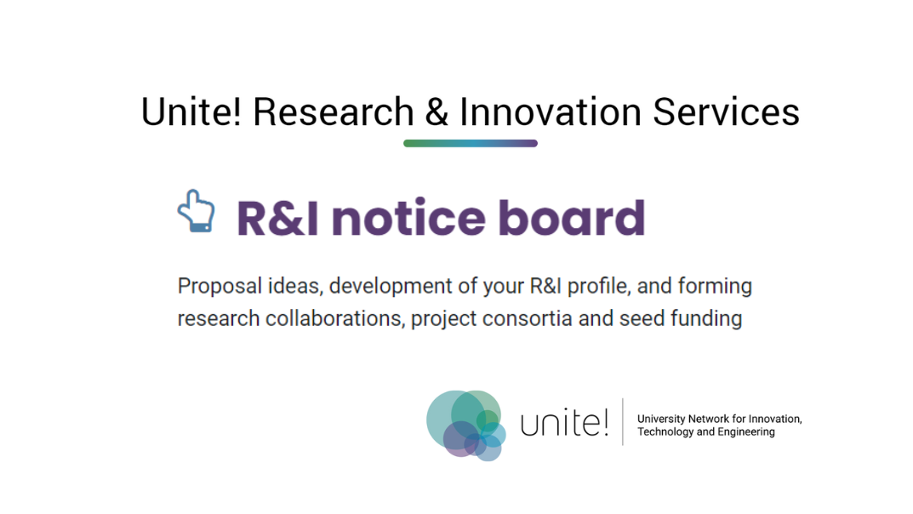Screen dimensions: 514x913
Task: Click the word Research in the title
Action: click(x=333, y=112)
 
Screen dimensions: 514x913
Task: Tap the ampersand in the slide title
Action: click(x=437, y=112)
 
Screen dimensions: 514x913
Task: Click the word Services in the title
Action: click(x=726, y=112)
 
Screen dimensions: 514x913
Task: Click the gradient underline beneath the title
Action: click(x=470, y=143)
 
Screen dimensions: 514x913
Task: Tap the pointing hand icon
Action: click(x=196, y=211)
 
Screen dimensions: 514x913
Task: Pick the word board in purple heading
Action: click(x=572, y=218)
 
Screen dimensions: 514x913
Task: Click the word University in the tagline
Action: click(x=662, y=419)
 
